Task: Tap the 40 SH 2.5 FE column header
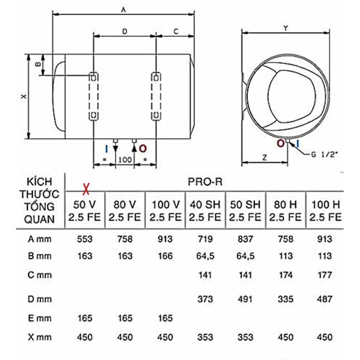pyautogui.click(x=205, y=211)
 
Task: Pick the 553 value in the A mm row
pyautogui.click(x=85, y=239)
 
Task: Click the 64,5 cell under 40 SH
pyautogui.click(x=205, y=256)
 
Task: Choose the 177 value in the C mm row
pyautogui.click(x=324, y=275)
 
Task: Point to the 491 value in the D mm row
pyautogui.click(x=245, y=299)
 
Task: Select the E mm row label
pyautogui.click(x=39, y=319)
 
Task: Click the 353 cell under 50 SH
pyautogui.click(x=245, y=337)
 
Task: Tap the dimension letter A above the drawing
pyautogui.click(x=123, y=9)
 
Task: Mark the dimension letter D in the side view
pyautogui.click(x=124, y=32)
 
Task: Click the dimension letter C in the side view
pyautogui.click(x=176, y=32)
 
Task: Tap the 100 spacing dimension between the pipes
pyautogui.click(x=124, y=159)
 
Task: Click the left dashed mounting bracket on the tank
pyautogui.click(x=93, y=96)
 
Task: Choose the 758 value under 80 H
pyautogui.click(x=285, y=239)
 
